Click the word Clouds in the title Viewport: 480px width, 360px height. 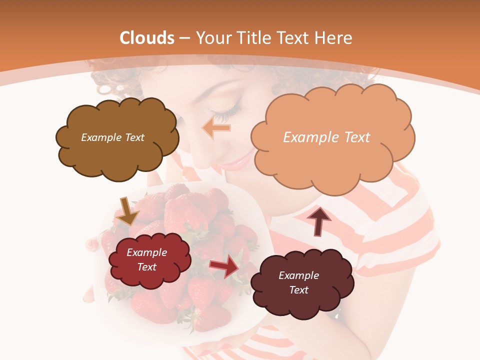(x=147, y=38)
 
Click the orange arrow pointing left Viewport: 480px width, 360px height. (x=216, y=128)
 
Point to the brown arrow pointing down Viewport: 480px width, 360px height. (x=128, y=211)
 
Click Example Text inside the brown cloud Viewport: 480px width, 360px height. (x=112, y=137)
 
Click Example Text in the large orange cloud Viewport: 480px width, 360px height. (x=326, y=137)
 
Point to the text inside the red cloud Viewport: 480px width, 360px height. (x=146, y=259)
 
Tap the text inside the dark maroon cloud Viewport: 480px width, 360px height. (x=298, y=282)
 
